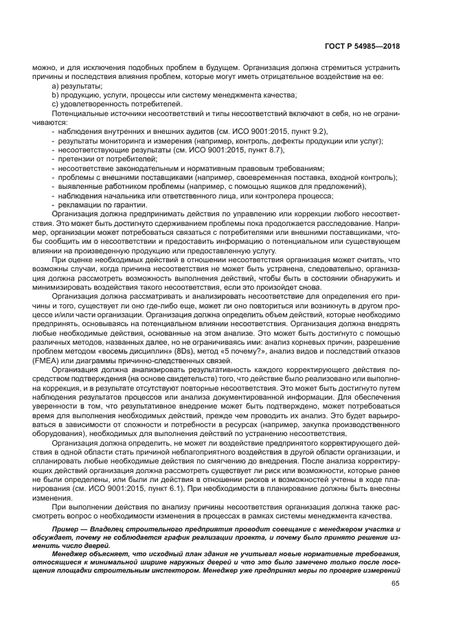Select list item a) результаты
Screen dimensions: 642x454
pyautogui.click(x=77, y=87)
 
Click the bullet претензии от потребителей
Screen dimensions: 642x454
pyautogui.click(x=99, y=159)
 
